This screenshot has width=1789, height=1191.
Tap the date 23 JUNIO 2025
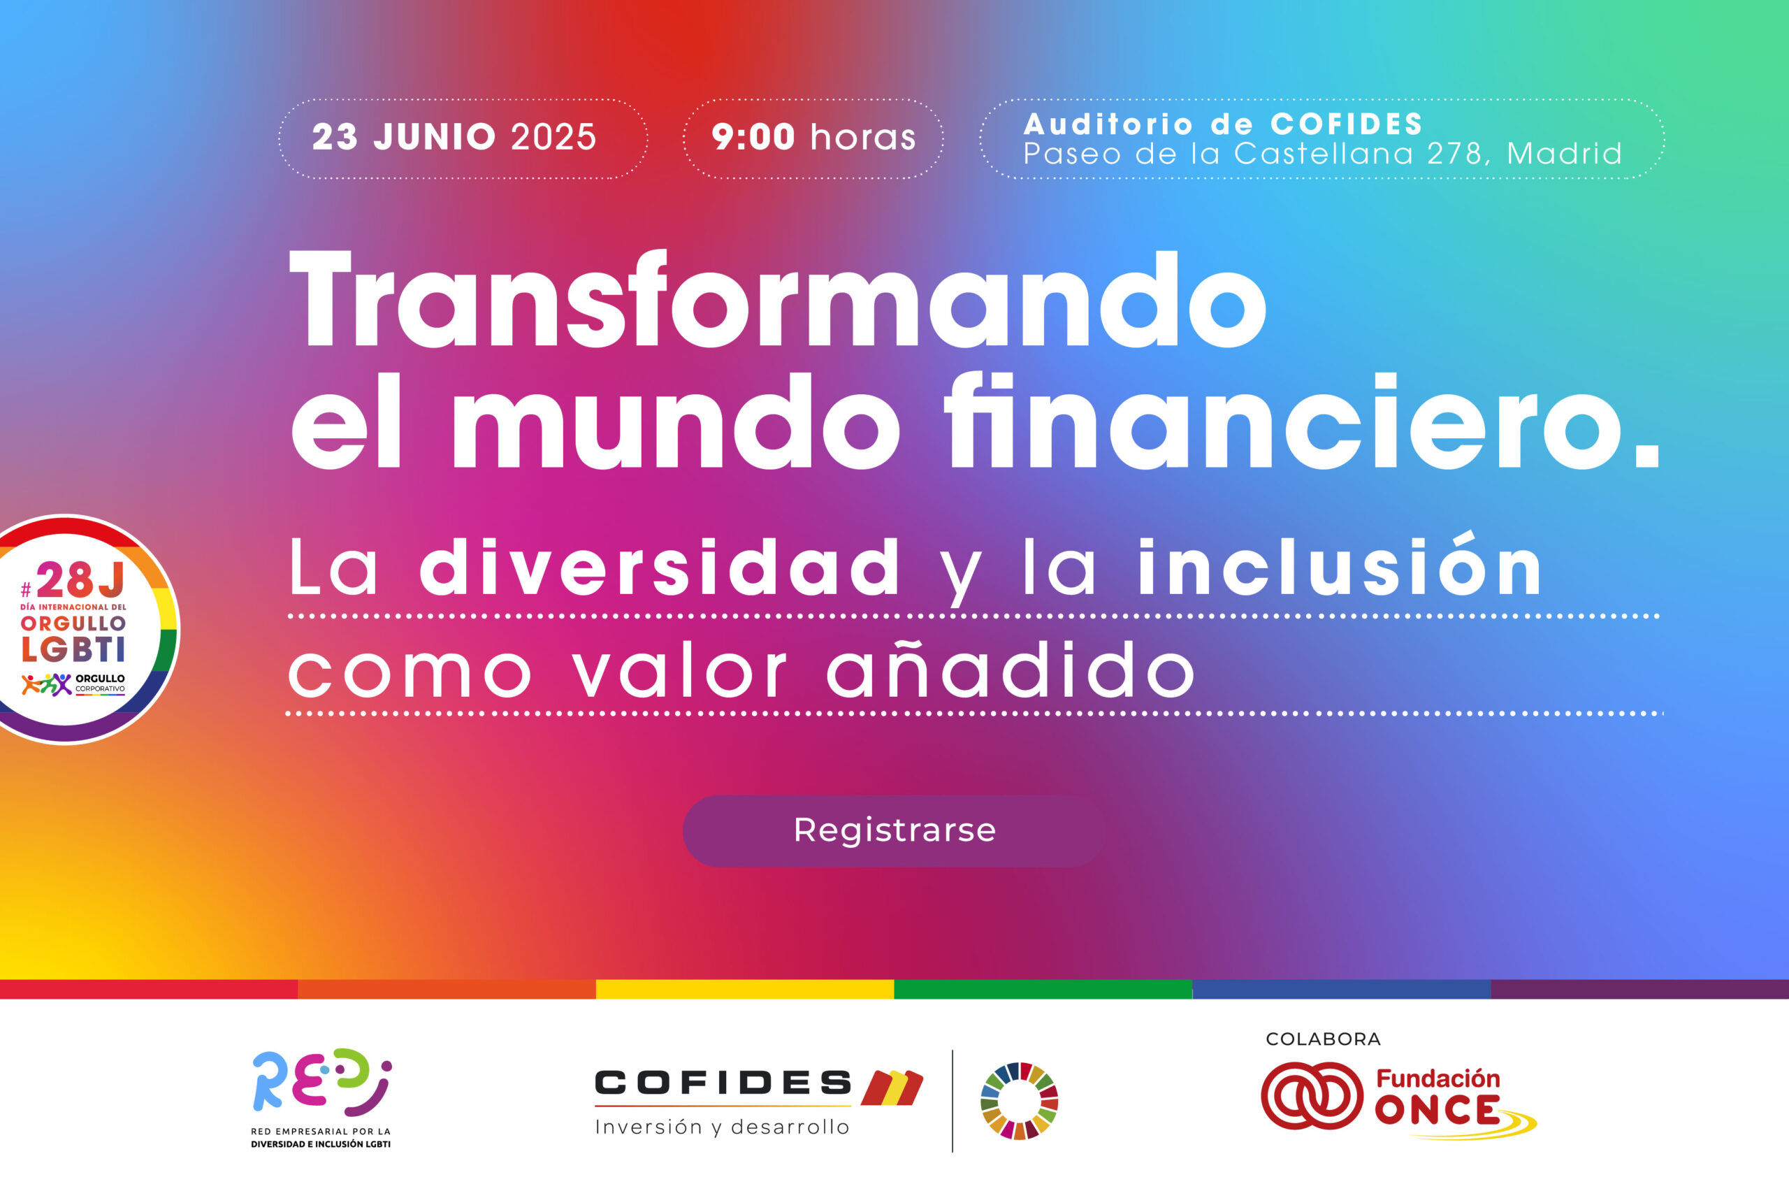(454, 138)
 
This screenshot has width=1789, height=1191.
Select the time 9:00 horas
(813, 138)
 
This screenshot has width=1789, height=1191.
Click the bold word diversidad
(659, 567)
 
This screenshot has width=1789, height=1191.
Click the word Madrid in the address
(1563, 154)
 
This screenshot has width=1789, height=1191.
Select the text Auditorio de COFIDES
(1222, 124)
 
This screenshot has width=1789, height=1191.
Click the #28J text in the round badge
(73, 580)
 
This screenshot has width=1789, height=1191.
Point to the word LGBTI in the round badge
(73, 649)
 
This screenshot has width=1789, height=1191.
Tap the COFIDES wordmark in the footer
(723, 1083)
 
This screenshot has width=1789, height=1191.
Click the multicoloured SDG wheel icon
(1019, 1102)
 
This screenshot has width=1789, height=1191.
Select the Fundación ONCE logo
(1398, 1101)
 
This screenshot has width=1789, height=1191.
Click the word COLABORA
(1323, 1039)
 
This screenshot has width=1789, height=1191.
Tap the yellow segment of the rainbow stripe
(745, 989)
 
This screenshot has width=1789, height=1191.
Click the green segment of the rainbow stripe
(1043, 989)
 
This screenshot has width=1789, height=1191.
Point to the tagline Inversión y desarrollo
(722, 1127)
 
